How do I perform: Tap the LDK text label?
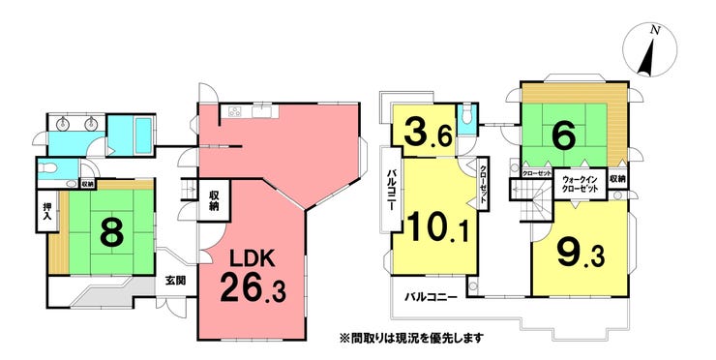254,258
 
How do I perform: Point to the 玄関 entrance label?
175,281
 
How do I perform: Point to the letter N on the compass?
655,31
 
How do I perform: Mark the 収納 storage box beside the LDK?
215,200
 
